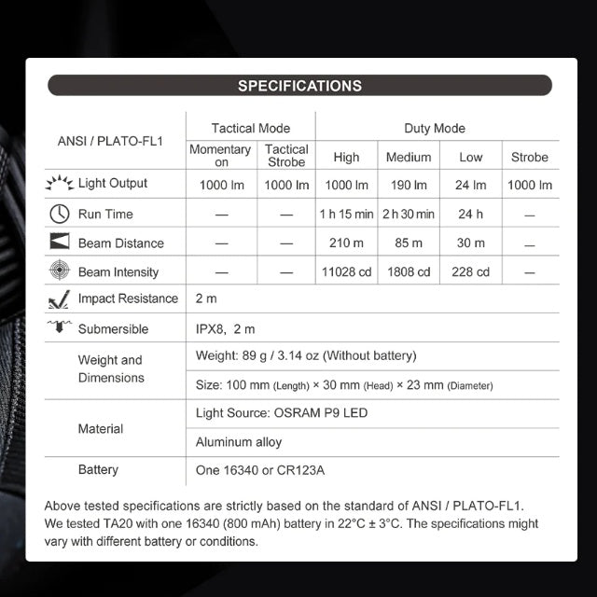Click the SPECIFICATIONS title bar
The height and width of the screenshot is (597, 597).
click(298, 86)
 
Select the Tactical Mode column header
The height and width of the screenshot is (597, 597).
click(250, 128)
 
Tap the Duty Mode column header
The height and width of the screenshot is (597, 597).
click(435, 128)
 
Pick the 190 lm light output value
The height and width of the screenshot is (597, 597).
click(409, 185)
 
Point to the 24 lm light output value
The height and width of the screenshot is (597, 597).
click(471, 185)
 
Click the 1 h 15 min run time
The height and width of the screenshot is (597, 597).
click(346, 214)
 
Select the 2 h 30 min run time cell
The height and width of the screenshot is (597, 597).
click(409, 214)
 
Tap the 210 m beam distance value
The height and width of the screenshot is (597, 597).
click(346, 243)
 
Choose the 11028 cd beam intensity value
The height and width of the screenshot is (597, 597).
click(346, 271)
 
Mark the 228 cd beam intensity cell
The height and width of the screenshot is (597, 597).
click(471, 271)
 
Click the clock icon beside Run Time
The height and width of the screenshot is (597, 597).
click(60, 214)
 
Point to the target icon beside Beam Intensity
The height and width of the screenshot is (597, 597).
click(60, 271)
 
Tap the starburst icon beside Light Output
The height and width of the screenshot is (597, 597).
click(60, 183)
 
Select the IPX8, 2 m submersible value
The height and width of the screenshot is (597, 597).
click(225, 329)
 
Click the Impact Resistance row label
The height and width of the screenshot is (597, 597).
click(128, 298)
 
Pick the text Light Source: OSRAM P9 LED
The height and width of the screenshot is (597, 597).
click(275, 412)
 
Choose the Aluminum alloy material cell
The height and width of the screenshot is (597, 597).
click(238, 442)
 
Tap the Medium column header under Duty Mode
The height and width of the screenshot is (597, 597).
click(409, 157)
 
